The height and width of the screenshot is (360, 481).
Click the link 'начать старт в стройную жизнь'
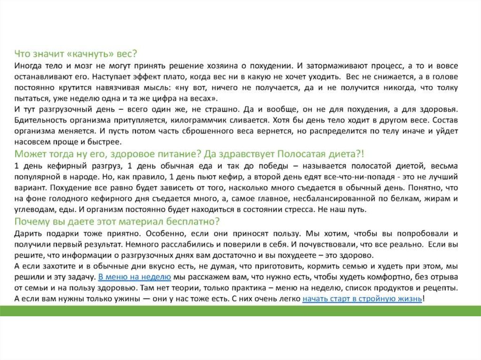tap(362, 299)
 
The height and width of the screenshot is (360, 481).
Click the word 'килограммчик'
tap(188, 120)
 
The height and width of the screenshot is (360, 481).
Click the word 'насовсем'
tap(30, 141)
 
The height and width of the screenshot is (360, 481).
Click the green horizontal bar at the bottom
tap(240, 310)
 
